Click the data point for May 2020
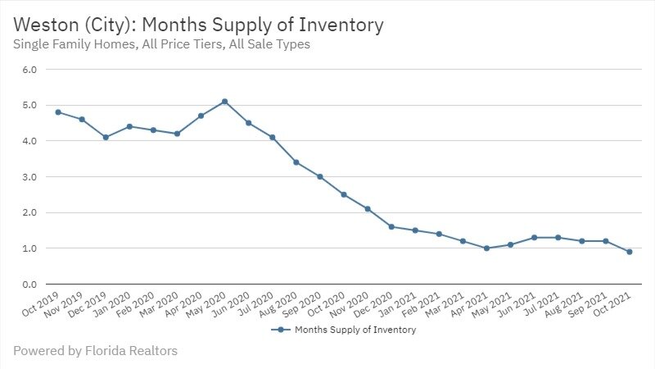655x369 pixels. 224,102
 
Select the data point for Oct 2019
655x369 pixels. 58,112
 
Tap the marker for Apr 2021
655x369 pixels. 486,248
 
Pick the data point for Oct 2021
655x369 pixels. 629,252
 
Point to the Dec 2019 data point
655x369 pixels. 106,137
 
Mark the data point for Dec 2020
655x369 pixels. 391,226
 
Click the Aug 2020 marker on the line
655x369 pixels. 296,162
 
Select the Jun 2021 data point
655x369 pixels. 534,237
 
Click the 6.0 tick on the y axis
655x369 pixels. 30,70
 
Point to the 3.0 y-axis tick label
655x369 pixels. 30,177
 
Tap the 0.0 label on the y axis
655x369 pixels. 30,285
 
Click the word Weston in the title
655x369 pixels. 45,25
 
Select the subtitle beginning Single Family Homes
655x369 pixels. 161,45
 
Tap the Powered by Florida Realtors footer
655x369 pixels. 95,351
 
